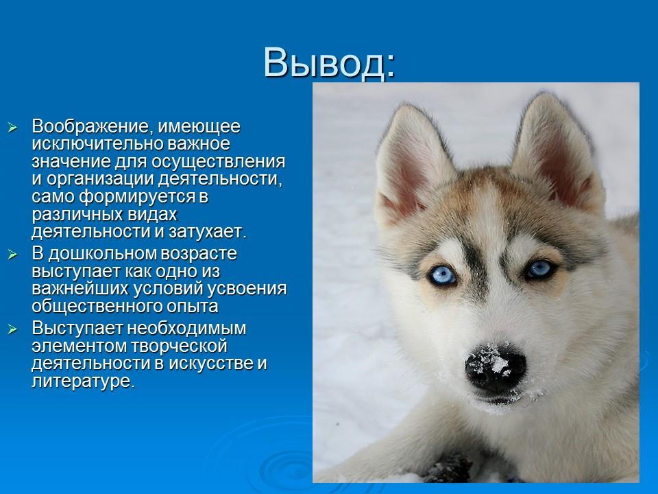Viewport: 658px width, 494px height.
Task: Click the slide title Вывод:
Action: click(328, 64)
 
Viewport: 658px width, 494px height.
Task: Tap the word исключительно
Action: click(88, 145)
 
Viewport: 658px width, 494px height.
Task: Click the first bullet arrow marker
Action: click(11, 128)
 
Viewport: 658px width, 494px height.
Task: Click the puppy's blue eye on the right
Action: click(541, 268)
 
